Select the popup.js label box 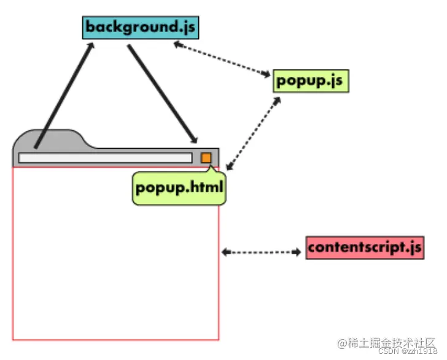(311, 80)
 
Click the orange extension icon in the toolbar (206, 158)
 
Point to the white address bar (104, 158)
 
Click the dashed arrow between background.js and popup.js (221, 60)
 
